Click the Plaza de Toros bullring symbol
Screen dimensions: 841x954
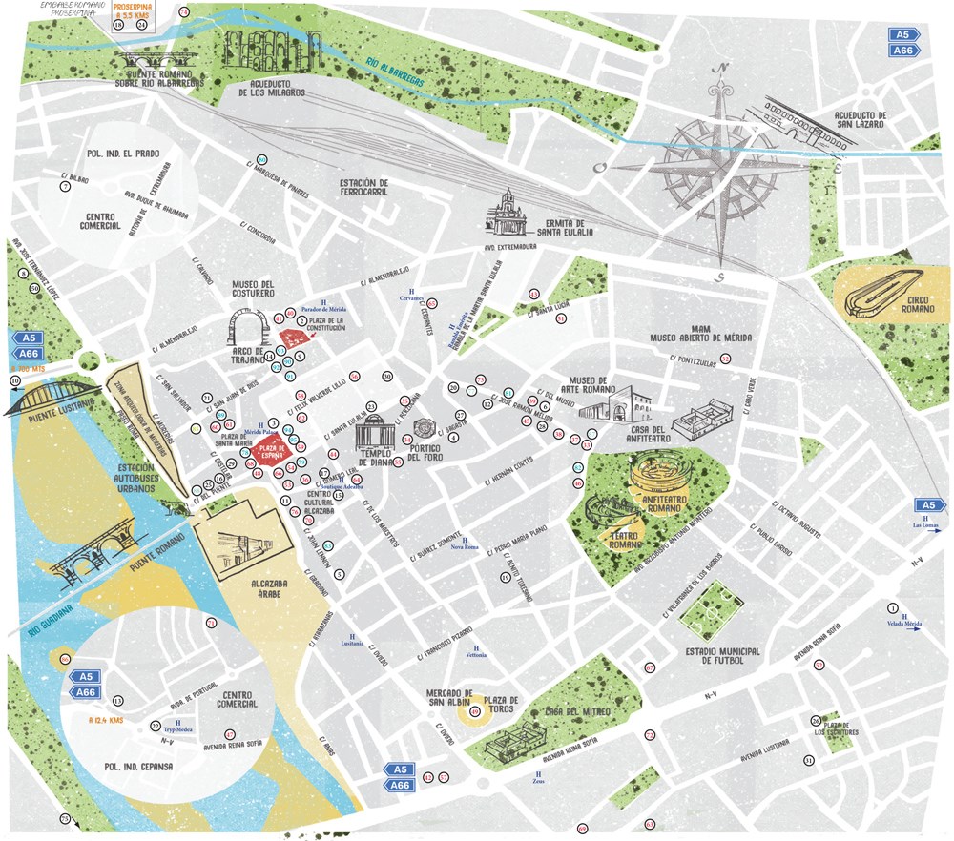[x=475, y=710]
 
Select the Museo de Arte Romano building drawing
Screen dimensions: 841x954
[x=611, y=405]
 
